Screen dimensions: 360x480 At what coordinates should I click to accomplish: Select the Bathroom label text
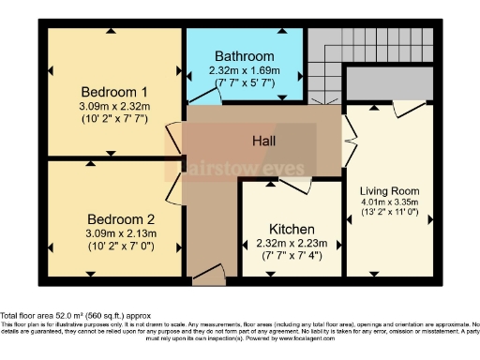pyautogui.click(x=244, y=56)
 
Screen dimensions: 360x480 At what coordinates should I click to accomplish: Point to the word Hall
pyautogui.click(x=264, y=140)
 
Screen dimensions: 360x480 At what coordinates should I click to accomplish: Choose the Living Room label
pyautogui.click(x=393, y=187)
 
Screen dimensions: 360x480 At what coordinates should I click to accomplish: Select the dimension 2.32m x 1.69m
pyautogui.click(x=244, y=70)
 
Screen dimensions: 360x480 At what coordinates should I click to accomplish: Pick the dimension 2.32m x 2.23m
pyautogui.click(x=292, y=244)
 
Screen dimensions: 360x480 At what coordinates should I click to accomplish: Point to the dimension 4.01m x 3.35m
pyautogui.click(x=393, y=200)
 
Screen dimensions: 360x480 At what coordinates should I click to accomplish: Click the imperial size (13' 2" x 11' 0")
pyautogui.click(x=393, y=212)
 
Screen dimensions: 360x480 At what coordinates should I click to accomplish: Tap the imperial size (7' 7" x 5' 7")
pyautogui.click(x=244, y=82)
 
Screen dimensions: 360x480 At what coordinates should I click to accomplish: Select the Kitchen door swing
pyautogui.click(x=295, y=185)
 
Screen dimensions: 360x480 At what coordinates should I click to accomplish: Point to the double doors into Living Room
pyautogui.click(x=349, y=136)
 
